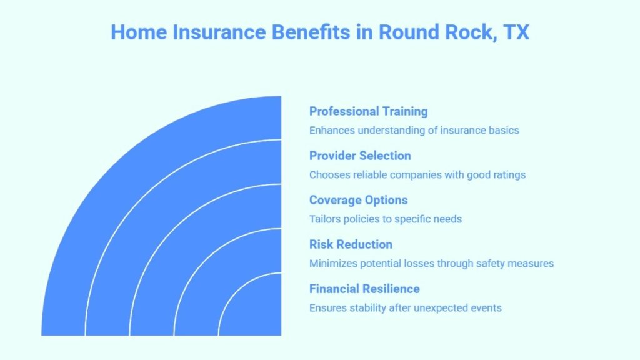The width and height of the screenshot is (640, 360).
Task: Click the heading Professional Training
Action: click(368, 111)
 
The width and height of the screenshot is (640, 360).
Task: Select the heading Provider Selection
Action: click(360, 156)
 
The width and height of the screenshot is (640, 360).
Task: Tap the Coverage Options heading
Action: click(358, 200)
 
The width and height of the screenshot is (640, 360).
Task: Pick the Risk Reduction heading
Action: click(351, 244)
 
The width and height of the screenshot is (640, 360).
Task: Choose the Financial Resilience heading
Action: click(364, 289)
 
